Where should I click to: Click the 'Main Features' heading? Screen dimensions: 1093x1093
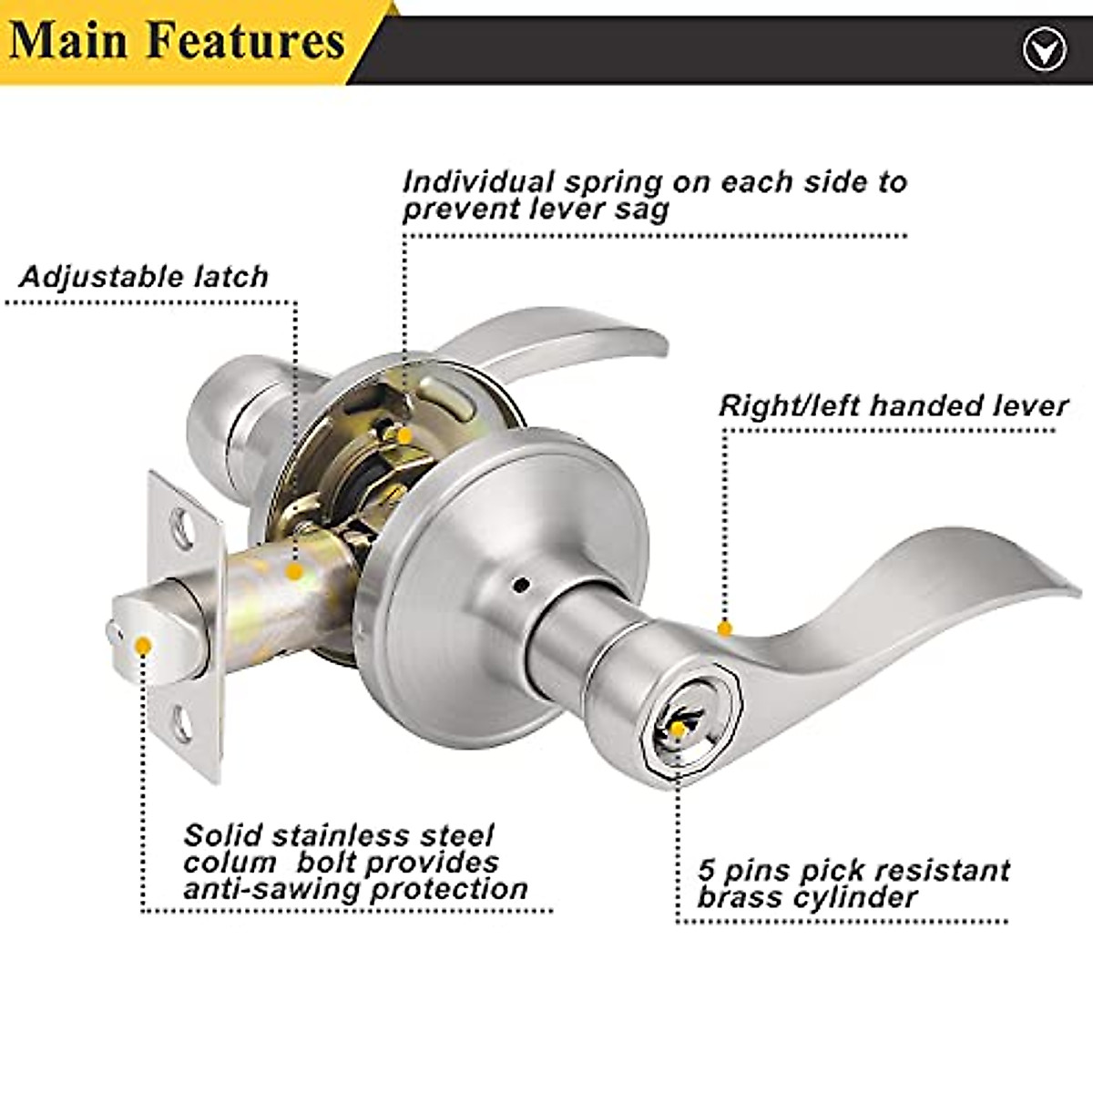tap(178, 41)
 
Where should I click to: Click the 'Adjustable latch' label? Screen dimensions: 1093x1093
tap(144, 276)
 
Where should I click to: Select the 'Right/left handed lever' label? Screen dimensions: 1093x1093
tap(893, 405)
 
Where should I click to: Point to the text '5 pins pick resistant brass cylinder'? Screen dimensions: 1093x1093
tap(853, 884)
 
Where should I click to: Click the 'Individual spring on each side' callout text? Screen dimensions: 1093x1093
tap(654, 195)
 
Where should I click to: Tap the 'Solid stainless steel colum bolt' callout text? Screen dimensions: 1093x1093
tap(355, 862)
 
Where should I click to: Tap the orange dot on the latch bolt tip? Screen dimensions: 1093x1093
tap(142, 646)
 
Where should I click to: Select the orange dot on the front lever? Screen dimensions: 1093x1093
tap(725, 628)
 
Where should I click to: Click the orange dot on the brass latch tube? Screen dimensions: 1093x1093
tap(293, 572)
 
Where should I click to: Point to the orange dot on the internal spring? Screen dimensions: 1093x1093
tap(403, 435)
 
